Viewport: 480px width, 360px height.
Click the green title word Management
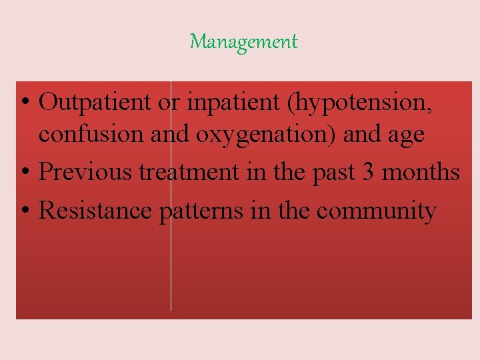(243, 42)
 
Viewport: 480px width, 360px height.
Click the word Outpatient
(93, 103)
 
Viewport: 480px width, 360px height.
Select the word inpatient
(222, 103)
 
